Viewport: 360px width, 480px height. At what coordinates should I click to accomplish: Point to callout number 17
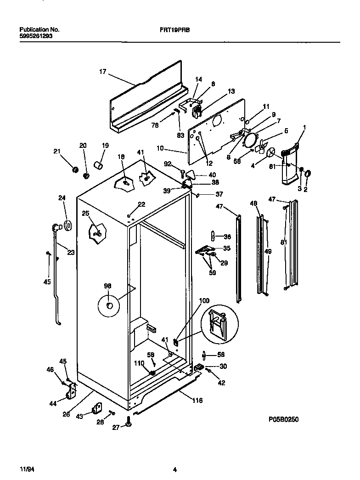point(102,72)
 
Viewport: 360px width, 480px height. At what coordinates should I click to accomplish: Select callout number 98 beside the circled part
point(107,286)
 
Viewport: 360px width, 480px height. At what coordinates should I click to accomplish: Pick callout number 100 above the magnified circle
point(204,301)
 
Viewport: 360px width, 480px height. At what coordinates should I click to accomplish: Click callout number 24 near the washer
point(62,198)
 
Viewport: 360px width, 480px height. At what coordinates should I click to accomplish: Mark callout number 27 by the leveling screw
point(116,427)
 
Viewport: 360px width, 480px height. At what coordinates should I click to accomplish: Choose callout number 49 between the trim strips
point(268,252)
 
